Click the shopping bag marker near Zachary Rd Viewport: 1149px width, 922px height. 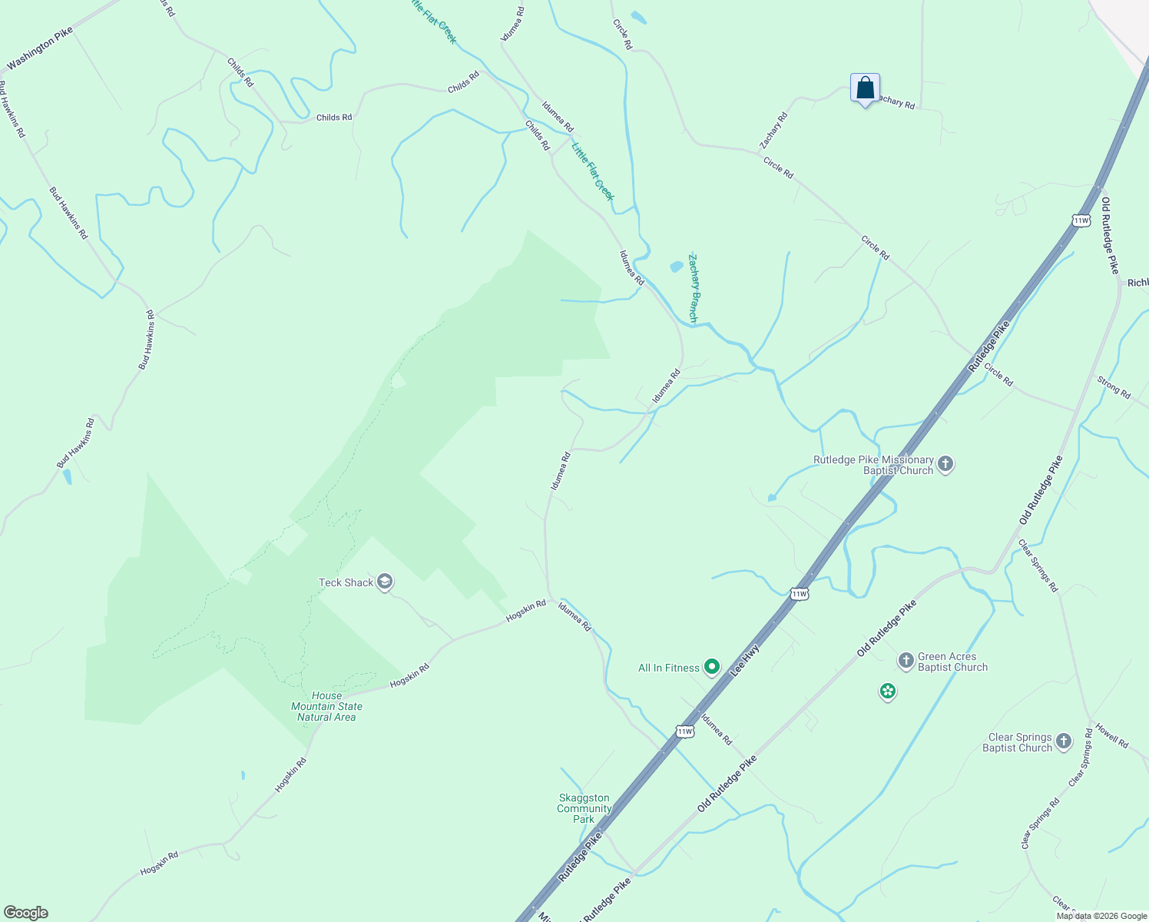(865, 88)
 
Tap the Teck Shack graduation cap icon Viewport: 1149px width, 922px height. (385, 582)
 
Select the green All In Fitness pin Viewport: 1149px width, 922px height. (712, 667)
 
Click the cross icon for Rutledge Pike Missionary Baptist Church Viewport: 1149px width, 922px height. (945, 464)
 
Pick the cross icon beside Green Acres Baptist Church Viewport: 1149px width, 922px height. (906, 661)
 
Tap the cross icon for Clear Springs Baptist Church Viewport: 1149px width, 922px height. (1063, 741)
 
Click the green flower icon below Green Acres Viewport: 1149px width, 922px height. (888, 691)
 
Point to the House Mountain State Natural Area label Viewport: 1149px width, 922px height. (326, 706)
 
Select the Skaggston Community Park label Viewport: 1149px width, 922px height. (584, 808)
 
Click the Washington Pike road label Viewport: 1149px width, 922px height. (40, 48)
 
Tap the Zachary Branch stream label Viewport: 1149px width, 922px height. (694, 287)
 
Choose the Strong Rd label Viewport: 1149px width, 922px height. (1114, 387)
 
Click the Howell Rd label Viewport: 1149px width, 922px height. (1111, 735)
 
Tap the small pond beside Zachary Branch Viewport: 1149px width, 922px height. (676, 267)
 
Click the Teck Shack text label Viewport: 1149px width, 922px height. (346, 582)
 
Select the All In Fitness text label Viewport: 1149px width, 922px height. (669, 668)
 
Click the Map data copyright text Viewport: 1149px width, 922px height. (1101, 916)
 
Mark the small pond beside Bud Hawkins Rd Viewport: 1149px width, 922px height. (68, 476)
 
